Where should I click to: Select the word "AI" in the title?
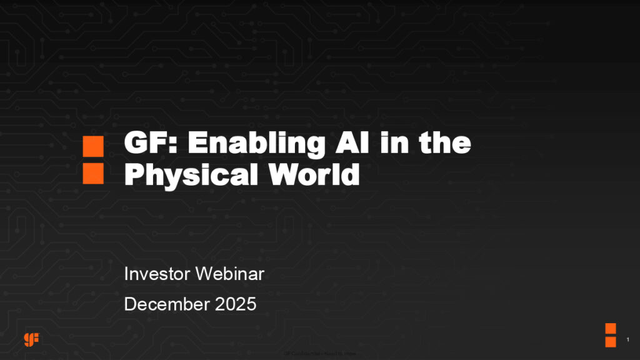click(x=348, y=145)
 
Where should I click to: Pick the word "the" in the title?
click(x=444, y=145)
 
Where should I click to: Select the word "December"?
click(x=167, y=304)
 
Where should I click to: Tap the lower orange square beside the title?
click(x=93, y=174)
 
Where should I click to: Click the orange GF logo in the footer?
click(x=32, y=339)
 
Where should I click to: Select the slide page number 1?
click(x=627, y=340)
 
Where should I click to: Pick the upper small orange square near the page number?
click(x=611, y=328)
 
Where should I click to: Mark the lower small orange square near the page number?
click(x=611, y=341)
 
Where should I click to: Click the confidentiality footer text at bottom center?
click(x=319, y=354)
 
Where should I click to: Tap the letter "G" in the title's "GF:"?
click(x=136, y=145)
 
